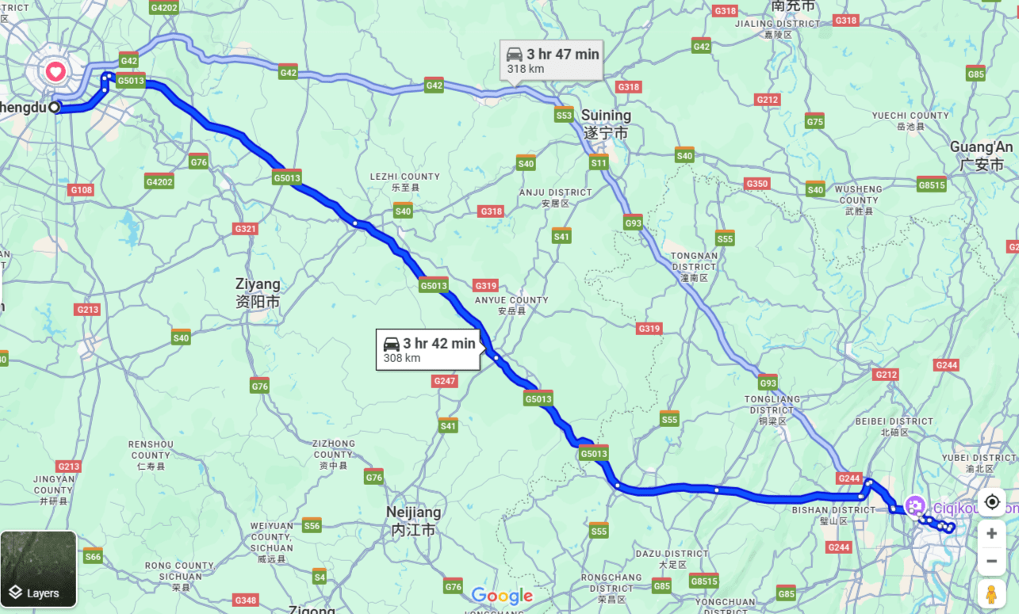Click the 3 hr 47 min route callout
pos(553,61)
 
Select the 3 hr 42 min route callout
pos(429,350)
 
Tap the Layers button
pos(38,569)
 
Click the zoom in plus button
pos(991,533)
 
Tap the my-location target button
pos(991,502)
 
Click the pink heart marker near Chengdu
pos(55,72)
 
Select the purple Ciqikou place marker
pos(915,505)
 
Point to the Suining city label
pos(606,124)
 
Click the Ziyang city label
pos(258,292)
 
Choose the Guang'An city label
pos(981,155)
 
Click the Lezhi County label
pos(404,181)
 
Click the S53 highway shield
pos(564,116)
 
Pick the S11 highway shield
pos(599,163)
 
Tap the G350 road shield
pos(757,184)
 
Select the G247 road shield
pos(445,381)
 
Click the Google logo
pos(502,596)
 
